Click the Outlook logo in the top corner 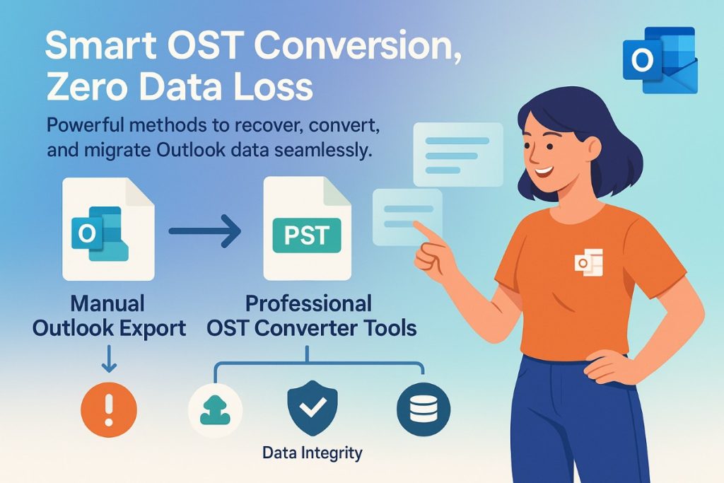(x=659, y=61)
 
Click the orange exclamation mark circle (x=108, y=409)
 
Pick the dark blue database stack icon (x=424, y=409)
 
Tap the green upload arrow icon (x=216, y=409)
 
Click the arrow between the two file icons (x=206, y=233)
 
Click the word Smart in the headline (x=100, y=52)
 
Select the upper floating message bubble (x=457, y=153)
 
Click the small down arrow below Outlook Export (x=108, y=361)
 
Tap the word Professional (x=308, y=304)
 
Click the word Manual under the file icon (x=107, y=304)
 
